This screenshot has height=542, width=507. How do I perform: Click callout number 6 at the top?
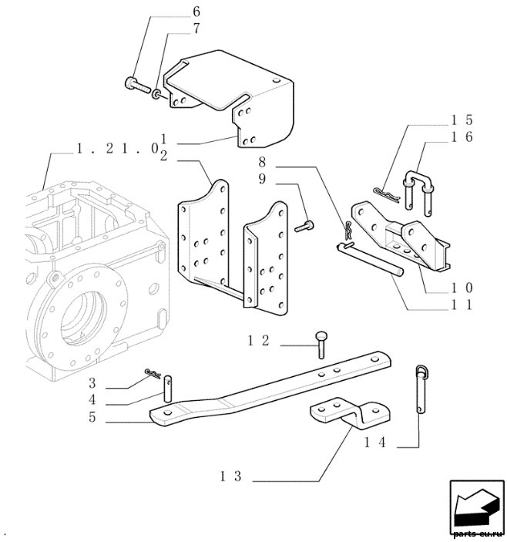196,12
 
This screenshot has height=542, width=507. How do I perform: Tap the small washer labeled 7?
156,94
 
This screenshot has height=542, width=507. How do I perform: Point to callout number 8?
262,162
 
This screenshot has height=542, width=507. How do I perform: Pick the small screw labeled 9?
304,226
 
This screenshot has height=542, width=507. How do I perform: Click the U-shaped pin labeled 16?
418,192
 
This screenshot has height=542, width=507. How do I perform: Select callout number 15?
462,120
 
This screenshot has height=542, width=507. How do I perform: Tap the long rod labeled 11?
370,260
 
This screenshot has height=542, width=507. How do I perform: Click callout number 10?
462,288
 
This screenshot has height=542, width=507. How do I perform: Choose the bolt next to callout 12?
321,345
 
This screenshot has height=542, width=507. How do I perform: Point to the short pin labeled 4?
167,389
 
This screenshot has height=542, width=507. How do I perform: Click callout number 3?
92,383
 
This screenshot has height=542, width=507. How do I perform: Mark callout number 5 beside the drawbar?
92,417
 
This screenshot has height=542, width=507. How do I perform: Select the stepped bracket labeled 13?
350,413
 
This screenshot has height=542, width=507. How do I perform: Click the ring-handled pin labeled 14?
420,389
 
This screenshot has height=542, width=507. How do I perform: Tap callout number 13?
230,476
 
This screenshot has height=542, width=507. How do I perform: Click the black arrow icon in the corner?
477,507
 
